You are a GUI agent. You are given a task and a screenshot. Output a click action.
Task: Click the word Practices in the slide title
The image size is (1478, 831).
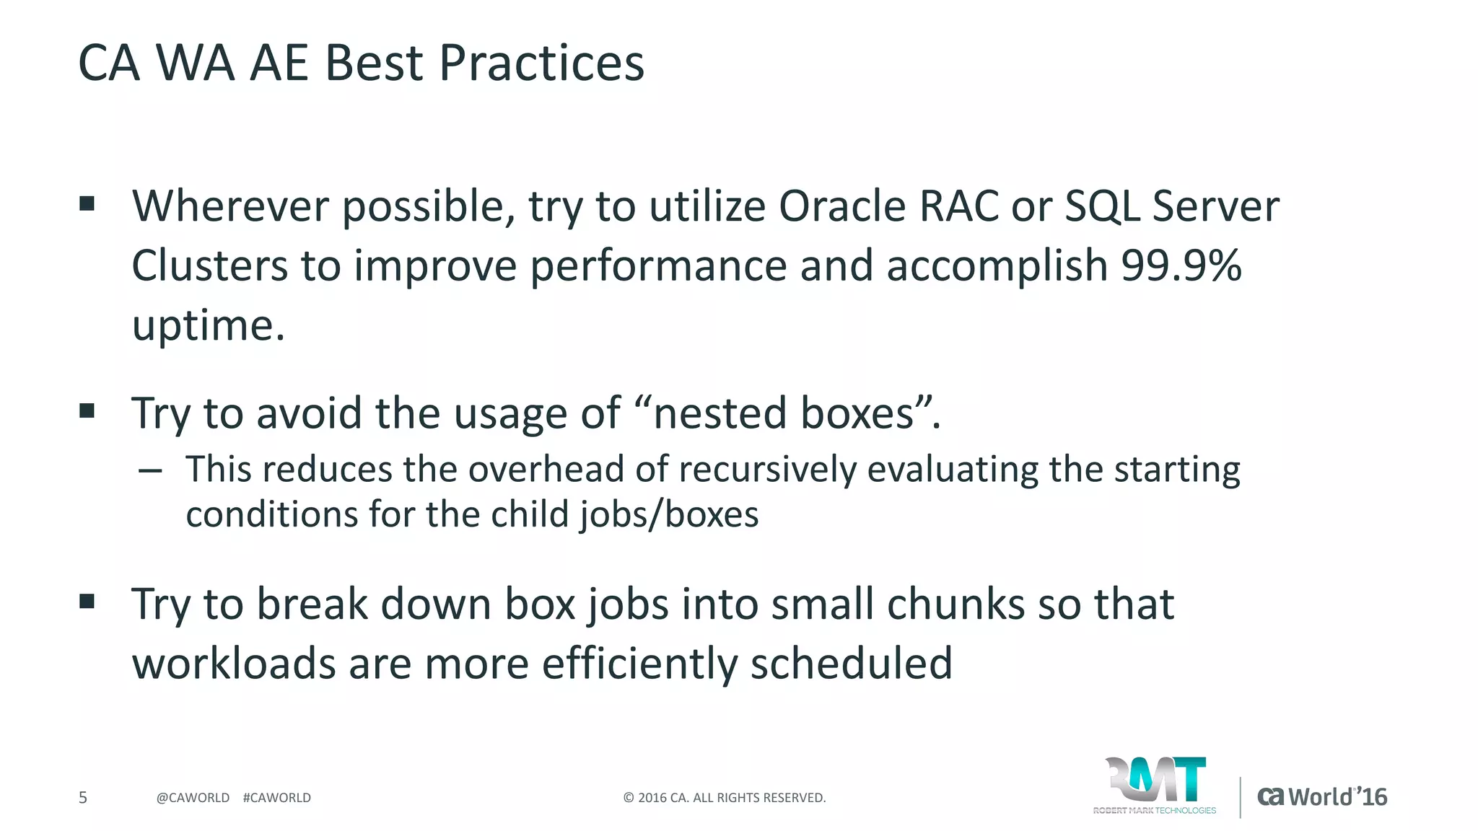pyautogui.click(x=541, y=63)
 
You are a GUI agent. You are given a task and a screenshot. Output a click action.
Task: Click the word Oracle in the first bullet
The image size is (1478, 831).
pyautogui.click(x=841, y=206)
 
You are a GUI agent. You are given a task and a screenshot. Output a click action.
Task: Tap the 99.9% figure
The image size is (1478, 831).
pyautogui.click(x=1181, y=265)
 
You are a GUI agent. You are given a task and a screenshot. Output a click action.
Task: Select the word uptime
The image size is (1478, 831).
pyautogui.click(x=208, y=326)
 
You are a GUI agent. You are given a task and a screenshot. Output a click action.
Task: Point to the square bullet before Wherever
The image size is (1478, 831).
pyautogui.click(x=87, y=204)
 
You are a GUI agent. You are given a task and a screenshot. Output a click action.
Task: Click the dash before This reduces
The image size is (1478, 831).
pyautogui.click(x=150, y=471)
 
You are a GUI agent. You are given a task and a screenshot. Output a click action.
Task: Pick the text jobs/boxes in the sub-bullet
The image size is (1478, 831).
pyautogui.click(x=668, y=515)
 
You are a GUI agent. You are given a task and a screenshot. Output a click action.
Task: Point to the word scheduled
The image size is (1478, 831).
pyautogui.click(x=852, y=664)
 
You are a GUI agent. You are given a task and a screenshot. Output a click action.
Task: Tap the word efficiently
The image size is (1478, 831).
pyautogui.click(x=639, y=664)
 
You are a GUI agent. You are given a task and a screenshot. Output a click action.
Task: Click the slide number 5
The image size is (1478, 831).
pyautogui.click(x=83, y=798)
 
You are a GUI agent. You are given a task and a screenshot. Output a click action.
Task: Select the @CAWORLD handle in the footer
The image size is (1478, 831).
pyautogui.click(x=193, y=798)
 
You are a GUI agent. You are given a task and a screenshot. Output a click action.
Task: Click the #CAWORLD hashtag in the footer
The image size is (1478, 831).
pyautogui.click(x=277, y=798)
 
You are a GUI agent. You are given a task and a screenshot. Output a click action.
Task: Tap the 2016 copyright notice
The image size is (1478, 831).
pyautogui.click(x=724, y=798)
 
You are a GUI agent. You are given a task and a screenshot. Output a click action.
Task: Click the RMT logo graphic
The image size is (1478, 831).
pyautogui.click(x=1155, y=783)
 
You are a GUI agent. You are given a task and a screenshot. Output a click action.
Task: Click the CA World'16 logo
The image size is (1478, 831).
pyautogui.click(x=1322, y=796)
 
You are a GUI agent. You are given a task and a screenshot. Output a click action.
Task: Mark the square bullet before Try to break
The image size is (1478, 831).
pyautogui.click(x=87, y=602)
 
